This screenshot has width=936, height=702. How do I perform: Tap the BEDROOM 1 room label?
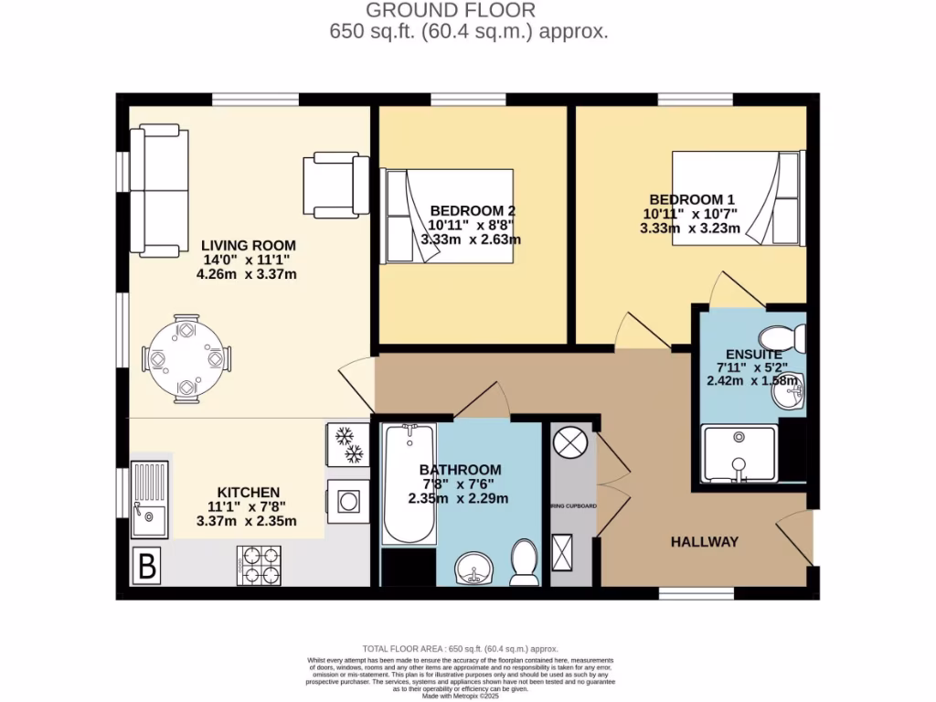692,199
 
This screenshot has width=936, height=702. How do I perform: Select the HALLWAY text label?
704,542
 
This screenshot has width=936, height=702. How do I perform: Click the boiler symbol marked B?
146,567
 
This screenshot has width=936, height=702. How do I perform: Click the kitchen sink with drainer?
150,498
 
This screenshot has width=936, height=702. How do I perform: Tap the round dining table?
186,359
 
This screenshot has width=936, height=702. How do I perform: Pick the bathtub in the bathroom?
409,484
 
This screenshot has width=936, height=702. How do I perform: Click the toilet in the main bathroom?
525,563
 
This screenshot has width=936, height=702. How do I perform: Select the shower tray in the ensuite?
739,454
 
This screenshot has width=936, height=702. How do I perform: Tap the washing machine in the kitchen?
347,500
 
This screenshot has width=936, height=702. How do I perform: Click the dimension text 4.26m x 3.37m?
248,274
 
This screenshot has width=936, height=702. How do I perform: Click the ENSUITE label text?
753,355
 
